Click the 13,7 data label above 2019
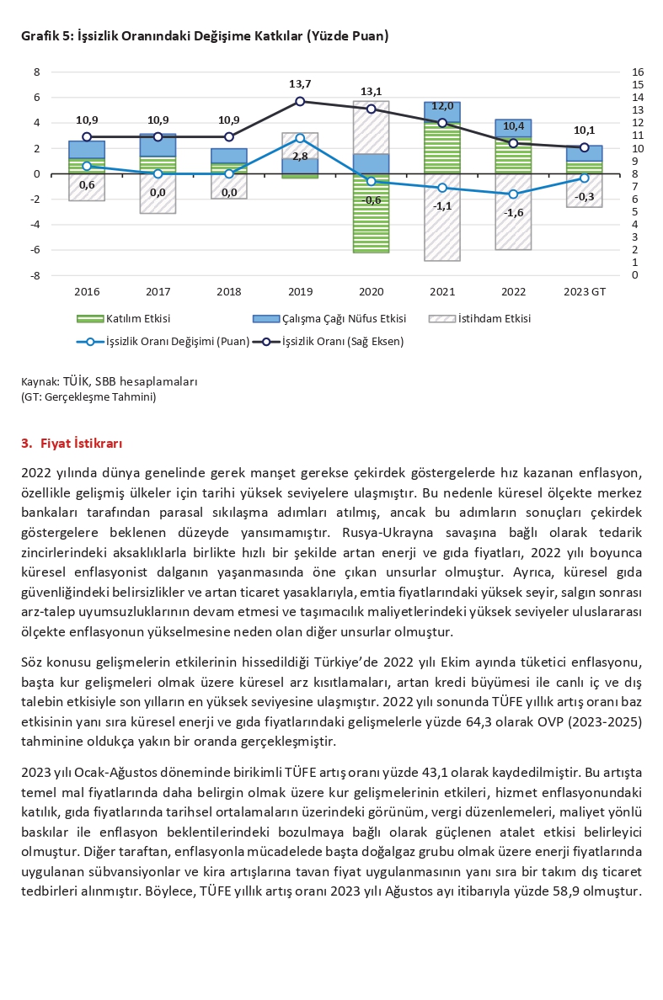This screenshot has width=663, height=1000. point(300,84)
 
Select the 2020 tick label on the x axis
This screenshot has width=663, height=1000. point(371,291)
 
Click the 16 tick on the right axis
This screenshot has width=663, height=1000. point(638,72)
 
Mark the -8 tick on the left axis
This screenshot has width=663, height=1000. point(36,275)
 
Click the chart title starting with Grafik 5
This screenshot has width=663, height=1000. point(205,36)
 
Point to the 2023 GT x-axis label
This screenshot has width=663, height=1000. point(585,291)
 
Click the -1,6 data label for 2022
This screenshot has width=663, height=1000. point(513,213)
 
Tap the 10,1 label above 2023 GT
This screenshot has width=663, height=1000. point(584,130)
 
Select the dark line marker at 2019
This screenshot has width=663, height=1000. point(301,101)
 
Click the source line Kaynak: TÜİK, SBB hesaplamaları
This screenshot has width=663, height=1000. point(110,381)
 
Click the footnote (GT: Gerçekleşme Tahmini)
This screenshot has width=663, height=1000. point(88,396)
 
